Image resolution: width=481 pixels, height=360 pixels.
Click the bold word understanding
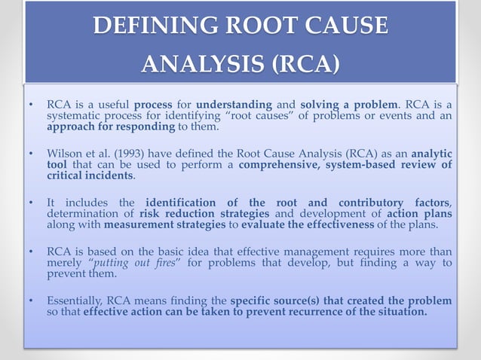[x=234, y=104]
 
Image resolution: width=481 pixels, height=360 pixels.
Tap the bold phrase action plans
[x=421, y=214]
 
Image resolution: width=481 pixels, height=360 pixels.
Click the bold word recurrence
[x=320, y=313]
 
